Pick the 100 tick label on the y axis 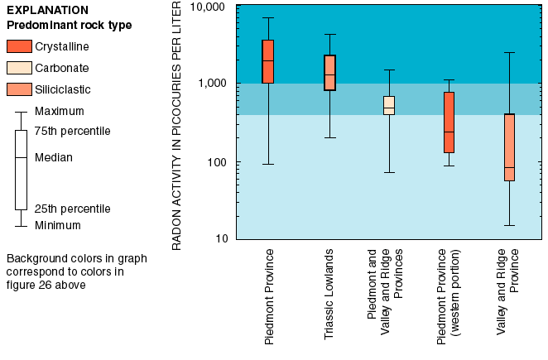(216, 161)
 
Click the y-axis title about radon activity (177, 124)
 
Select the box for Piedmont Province (268, 61)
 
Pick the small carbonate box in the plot (389, 105)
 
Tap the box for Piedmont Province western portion (449, 122)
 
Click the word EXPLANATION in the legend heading (47, 10)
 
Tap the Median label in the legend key (54, 157)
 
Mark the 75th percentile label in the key (73, 131)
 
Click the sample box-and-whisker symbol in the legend (21, 169)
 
